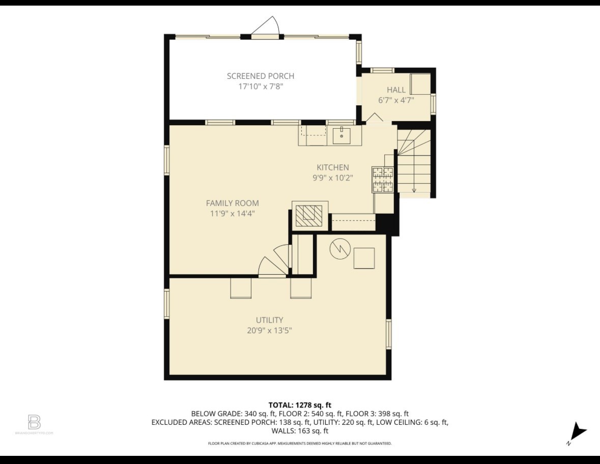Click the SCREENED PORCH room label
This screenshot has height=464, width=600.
coord(261,76)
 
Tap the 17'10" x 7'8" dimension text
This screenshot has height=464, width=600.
coord(261,86)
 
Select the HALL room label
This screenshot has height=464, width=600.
coord(396,90)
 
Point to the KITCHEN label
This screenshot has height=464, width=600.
coord(333,167)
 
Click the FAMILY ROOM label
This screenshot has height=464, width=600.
coord(232,203)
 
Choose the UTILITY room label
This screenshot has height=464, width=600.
coord(269,320)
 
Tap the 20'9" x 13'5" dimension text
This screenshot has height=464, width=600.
coord(269,331)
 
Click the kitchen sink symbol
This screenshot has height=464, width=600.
coord(341,136)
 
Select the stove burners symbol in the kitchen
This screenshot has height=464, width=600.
coord(383,180)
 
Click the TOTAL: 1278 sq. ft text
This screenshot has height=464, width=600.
coord(300,405)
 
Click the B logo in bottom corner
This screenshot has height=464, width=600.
coord(34,422)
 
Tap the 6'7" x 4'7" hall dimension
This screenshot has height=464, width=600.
coord(396,101)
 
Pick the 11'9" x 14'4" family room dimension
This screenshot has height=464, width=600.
coord(232,214)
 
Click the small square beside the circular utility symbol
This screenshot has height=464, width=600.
coord(364,258)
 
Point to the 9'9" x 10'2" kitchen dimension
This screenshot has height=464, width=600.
coord(333,178)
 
